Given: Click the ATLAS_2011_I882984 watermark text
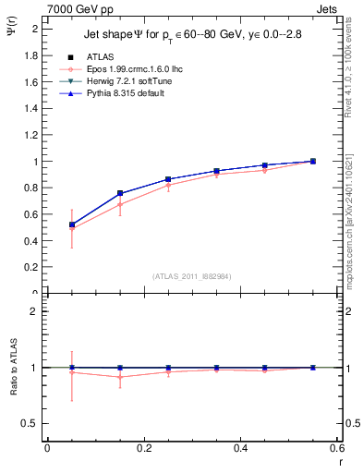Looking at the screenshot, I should pyautogui.click(x=192, y=275).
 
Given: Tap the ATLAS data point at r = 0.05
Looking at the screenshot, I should pyautogui.click(x=72, y=224).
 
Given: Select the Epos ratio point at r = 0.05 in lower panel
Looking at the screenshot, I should pyautogui.click(x=72, y=372).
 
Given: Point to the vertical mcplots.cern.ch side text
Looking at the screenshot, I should pyautogui.click(x=352, y=222).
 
